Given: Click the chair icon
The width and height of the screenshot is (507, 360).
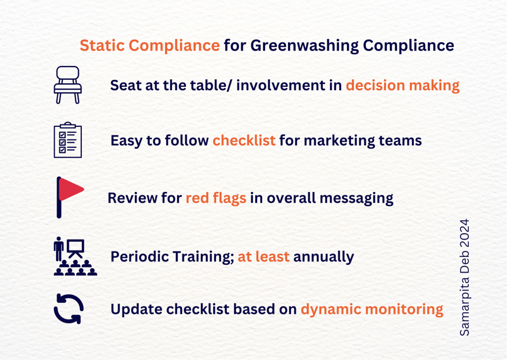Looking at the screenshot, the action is [67, 85].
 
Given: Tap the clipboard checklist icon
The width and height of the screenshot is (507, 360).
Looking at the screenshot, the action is [67, 140].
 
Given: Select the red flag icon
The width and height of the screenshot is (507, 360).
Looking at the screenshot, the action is [69, 197].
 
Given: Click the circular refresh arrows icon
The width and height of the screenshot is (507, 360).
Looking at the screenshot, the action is [68, 309].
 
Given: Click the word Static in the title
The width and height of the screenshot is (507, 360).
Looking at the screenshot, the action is [102, 45].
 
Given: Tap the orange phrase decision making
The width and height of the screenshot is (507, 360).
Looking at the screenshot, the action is [402, 86].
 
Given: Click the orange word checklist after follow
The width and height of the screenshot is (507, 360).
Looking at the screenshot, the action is [244, 141].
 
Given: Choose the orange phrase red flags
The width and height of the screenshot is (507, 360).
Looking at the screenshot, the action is [216, 198].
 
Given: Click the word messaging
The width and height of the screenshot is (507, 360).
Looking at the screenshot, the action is [356, 198].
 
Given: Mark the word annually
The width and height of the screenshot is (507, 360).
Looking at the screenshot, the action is [324, 257].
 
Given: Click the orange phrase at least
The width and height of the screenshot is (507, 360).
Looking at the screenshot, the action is [264, 256].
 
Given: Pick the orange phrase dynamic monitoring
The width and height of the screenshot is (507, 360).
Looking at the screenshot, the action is [372, 309].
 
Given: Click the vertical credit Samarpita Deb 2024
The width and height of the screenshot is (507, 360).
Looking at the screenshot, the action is [464, 277].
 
